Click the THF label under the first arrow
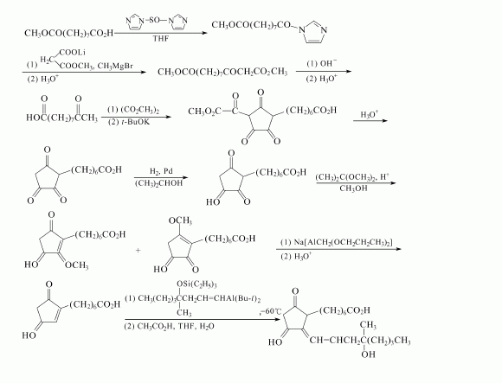[x=160, y=39]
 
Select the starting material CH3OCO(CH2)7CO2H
[x=69, y=33]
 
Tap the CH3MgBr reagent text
[x=115, y=66]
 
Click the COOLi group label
[x=73, y=52]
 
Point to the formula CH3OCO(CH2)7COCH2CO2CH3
[x=222, y=72]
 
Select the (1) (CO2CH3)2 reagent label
[x=133, y=110]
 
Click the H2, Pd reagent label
[x=161, y=171]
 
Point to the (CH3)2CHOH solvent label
[x=158, y=183]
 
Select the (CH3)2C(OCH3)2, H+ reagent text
[x=352, y=176]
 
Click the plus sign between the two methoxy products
[x=138, y=251]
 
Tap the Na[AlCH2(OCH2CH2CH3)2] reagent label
[x=337, y=242]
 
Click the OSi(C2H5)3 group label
[x=196, y=284]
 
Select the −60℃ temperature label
[x=271, y=311]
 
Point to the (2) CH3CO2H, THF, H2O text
[x=170, y=327]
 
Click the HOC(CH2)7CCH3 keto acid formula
[x=61, y=118]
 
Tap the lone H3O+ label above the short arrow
[x=369, y=114]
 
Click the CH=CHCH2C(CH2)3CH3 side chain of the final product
[x=360, y=340]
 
